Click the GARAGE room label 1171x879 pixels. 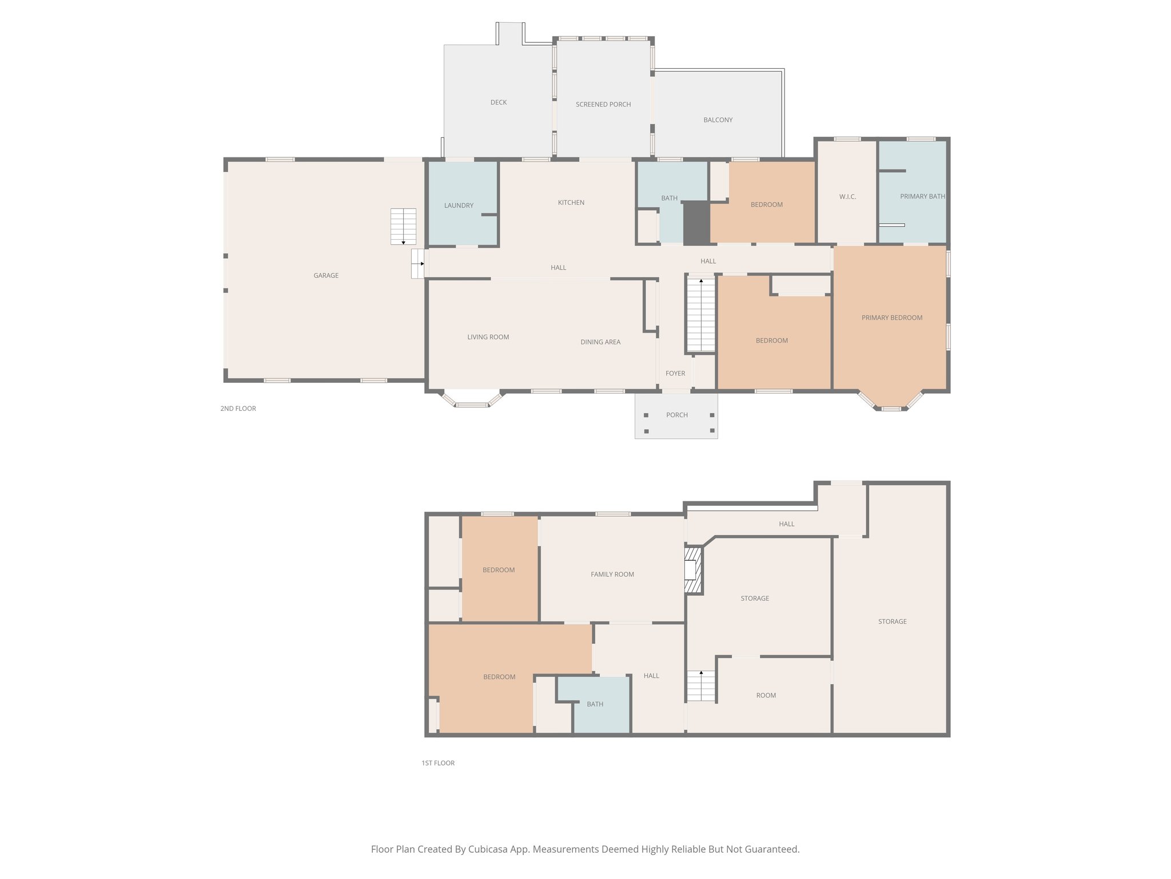[x=326, y=275]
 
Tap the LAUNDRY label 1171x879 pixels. [x=459, y=205]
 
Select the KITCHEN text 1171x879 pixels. [x=571, y=203]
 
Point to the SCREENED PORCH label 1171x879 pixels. [x=603, y=104]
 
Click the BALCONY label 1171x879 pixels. [x=718, y=120]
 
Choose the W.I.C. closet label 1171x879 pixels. [x=847, y=197]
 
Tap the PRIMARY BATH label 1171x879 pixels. [x=922, y=196]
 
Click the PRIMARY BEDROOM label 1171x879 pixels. [x=891, y=318]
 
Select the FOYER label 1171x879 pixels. [x=675, y=373]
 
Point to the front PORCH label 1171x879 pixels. [x=676, y=415]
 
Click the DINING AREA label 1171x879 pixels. [x=600, y=342]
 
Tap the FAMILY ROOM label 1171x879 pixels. [x=612, y=574]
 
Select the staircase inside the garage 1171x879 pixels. [x=403, y=227]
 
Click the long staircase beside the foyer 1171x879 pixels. [x=700, y=315]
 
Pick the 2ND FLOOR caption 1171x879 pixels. [x=238, y=409]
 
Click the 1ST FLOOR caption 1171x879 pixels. [x=438, y=763]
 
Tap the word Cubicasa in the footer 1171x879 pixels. [x=490, y=849]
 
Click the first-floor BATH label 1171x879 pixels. [x=595, y=704]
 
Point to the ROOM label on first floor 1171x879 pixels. [x=766, y=695]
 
